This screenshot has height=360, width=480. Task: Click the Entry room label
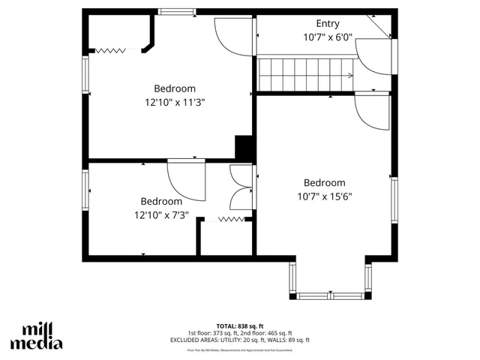pos(328,23)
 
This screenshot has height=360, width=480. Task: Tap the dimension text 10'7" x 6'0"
pos(328,37)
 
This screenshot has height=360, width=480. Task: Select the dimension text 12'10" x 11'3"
pos(175,102)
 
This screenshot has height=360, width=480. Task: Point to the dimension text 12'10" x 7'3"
pos(161,215)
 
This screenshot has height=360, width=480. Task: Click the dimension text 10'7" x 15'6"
pos(324,196)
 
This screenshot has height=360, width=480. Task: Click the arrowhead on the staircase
pos(351,75)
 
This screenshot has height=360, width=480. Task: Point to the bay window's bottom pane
pos(330,294)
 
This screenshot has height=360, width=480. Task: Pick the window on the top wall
pos(178,12)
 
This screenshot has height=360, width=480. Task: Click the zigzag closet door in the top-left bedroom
pos(110,50)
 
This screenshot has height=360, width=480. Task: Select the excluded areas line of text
pos(239,340)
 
